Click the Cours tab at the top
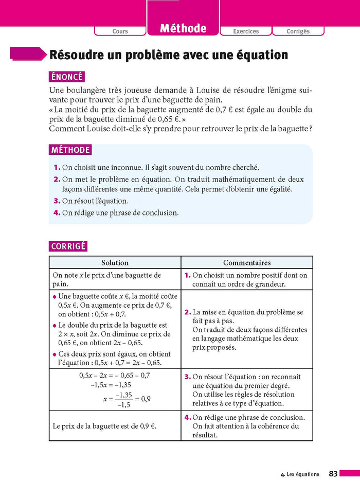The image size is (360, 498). point(120,31)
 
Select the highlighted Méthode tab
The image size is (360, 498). point(183,29)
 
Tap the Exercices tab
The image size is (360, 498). point(246,31)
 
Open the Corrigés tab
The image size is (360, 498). point(298,31)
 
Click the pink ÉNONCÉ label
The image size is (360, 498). point(67,77)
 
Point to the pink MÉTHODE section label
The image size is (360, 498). point(70,150)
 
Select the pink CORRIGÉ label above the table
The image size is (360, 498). point(68,246)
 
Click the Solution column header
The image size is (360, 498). point(115,262)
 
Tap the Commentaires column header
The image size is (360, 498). point(247,262)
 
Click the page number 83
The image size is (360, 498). point(333,474)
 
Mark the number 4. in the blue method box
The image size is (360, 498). point(57,212)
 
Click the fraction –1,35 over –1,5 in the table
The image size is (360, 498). point(124,399)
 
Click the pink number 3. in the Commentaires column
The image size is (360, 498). point(188,377)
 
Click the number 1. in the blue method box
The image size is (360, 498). point(57,167)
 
